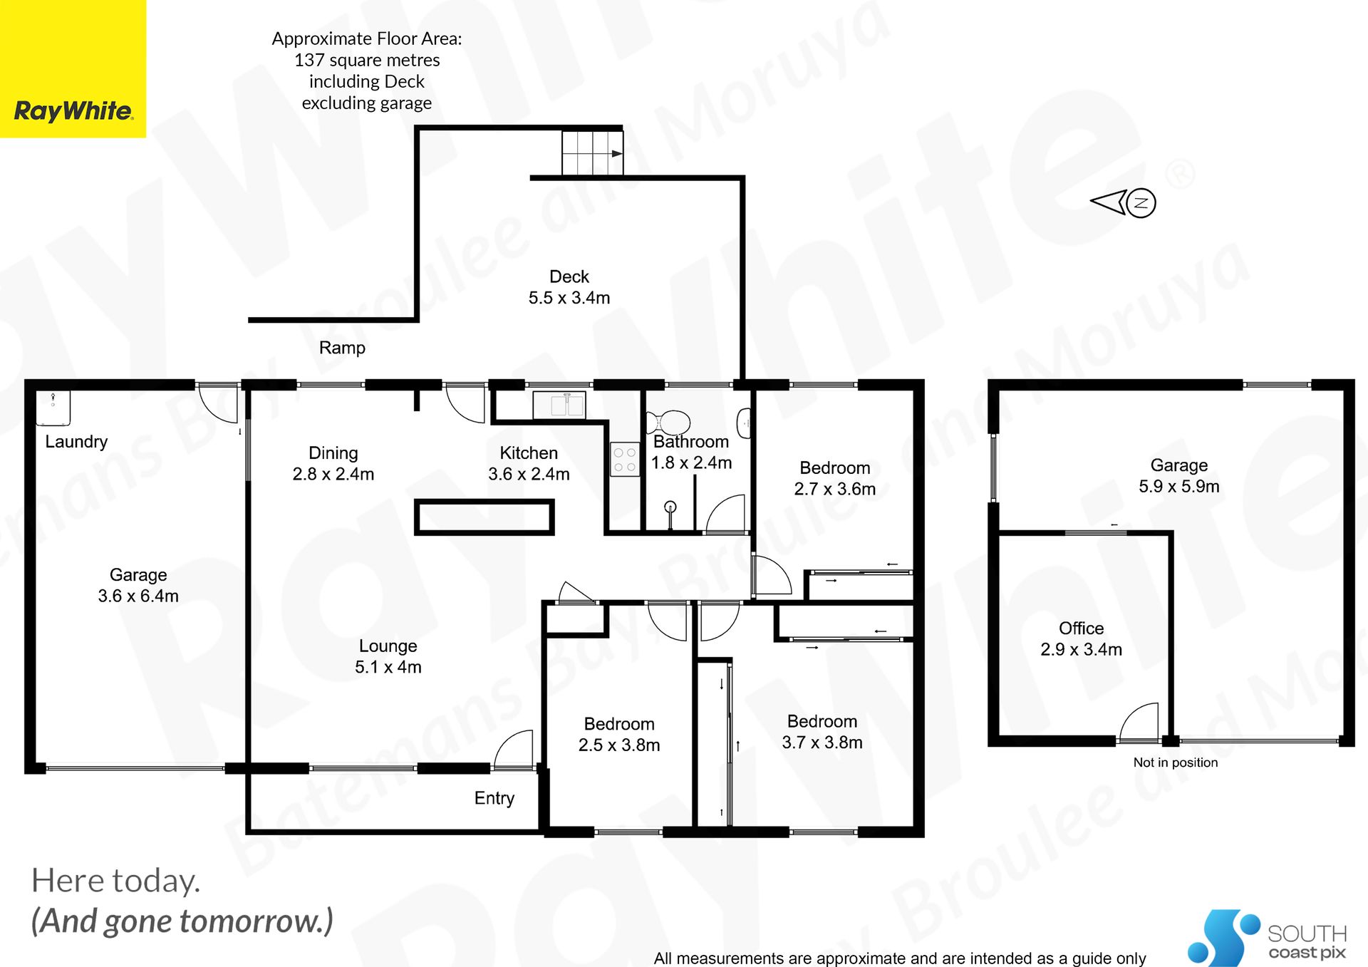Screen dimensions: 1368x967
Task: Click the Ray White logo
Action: pyautogui.click(x=73, y=68)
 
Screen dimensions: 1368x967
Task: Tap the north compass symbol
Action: pyautogui.click(x=1124, y=202)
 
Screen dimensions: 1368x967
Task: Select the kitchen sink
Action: pyautogui.click(x=559, y=405)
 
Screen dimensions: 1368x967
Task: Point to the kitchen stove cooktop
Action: pyautogui.click(x=625, y=459)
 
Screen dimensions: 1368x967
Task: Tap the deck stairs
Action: pyautogui.click(x=592, y=152)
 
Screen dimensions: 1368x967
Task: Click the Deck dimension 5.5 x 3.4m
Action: pyautogui.click(x=569, y=298)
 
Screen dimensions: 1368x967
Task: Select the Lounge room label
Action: pyautogui.click(x=388, y=646)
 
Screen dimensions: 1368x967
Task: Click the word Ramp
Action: pyautogui.click(x=342, y=348)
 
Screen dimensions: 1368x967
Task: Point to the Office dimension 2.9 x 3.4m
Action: pyautogui.click(x=1081, y=649)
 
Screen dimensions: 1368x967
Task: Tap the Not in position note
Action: pyautogui.click(x=1176, y=762)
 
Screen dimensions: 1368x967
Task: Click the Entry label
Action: pyautogui.click(x=494, y=798)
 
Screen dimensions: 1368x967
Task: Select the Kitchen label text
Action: pyautogui.click(x=529, y=453)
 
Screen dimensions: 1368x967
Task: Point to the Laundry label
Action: pyautogui.click(x=76, y=442)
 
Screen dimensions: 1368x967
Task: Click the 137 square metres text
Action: pyautogui.click(x=367, y=61)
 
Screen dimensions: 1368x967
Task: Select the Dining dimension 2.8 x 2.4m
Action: pyautogui.click(x=333, y=475)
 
